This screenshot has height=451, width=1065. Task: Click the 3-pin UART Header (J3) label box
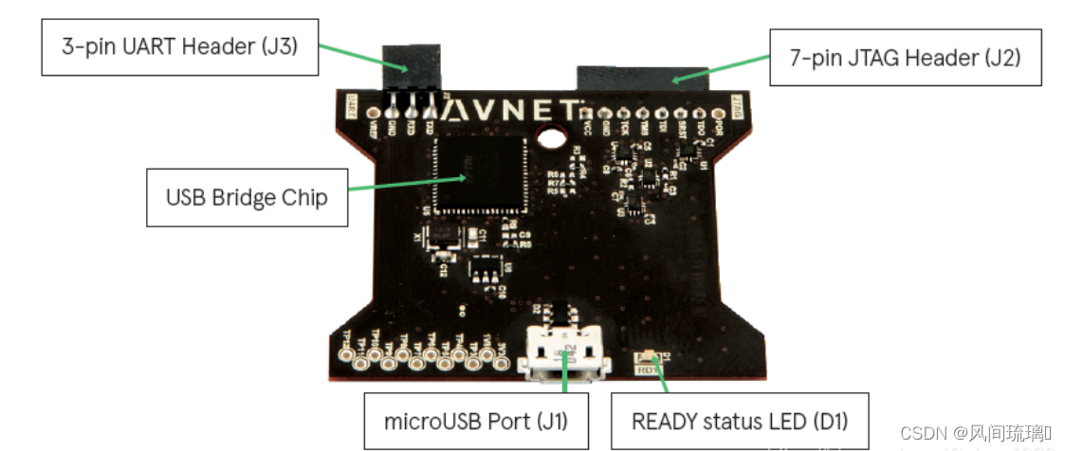(179, 45)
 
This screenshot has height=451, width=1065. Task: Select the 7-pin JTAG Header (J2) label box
(905, 59)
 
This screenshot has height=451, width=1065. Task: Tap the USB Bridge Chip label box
(247, 198)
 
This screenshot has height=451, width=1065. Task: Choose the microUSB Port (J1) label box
(475, 420)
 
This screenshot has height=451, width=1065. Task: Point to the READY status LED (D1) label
(739, 420)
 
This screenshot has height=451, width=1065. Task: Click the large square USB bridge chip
(480, 174)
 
